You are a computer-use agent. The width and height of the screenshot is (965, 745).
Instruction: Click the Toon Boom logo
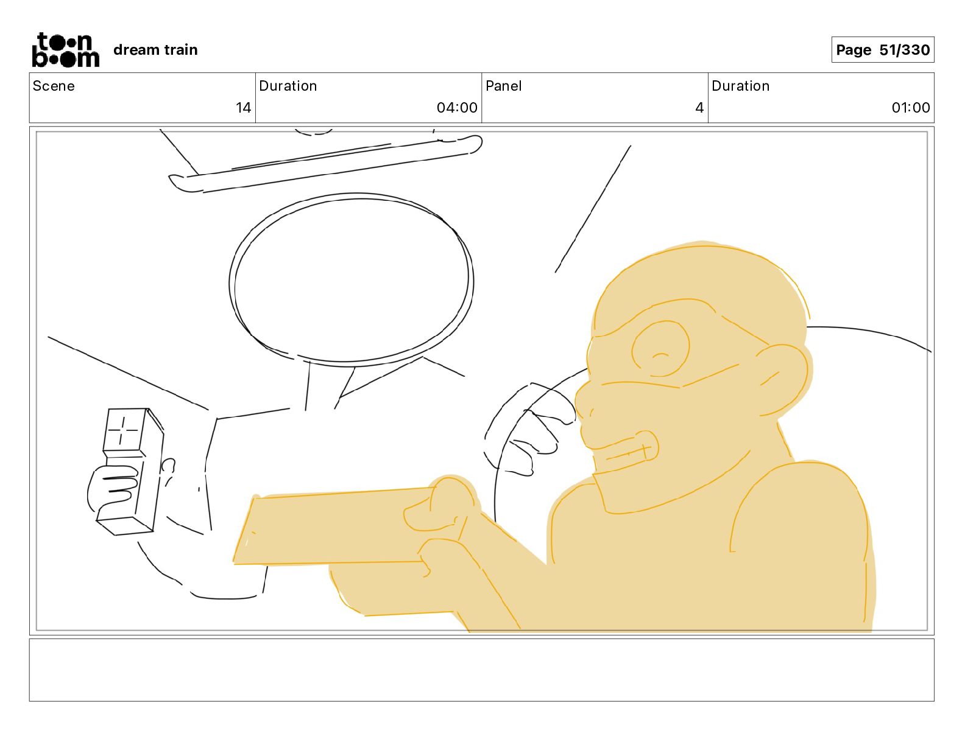[x=66, y=50]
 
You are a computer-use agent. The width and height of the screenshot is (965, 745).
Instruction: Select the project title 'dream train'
[x=155, y=50]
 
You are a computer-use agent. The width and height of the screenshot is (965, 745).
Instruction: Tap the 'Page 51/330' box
[x=882, y=50]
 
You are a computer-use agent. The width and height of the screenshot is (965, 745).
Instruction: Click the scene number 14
[x=243, y=107]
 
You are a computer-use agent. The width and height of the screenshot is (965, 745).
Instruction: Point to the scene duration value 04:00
[x=457, y=107]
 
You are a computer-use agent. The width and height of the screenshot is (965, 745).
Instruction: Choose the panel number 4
[x=699, y=107]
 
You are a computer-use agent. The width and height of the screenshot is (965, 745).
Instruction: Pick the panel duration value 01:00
[x=911, y=107]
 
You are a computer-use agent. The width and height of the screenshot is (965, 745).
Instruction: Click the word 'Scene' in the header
[x=54, y=86]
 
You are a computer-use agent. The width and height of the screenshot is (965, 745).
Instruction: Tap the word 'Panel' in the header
[x=504, y=86]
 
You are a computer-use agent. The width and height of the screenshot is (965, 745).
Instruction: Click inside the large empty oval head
[x=352, y=279]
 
